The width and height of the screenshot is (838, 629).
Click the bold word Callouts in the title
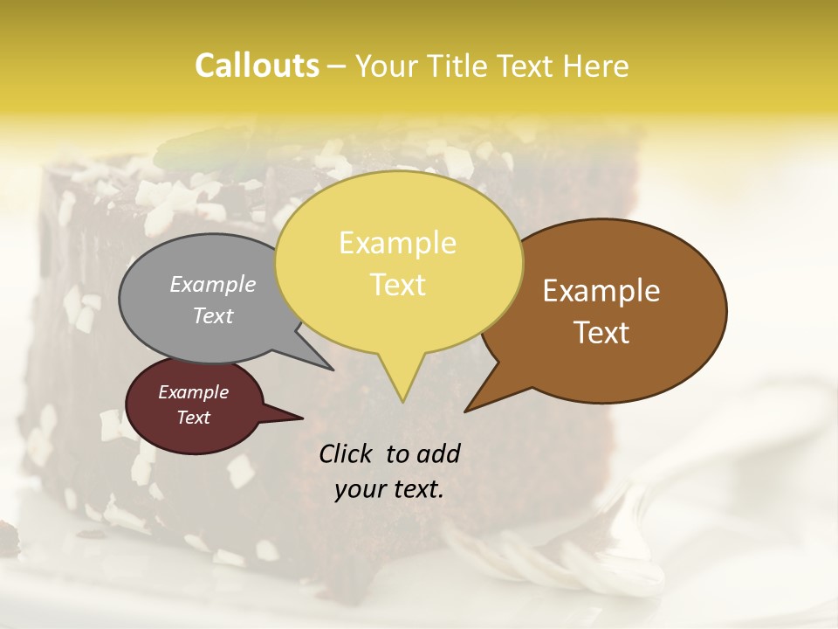[x=257, y=66]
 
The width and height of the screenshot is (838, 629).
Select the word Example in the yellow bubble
[x=397, y=243]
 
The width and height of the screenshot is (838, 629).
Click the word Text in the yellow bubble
[x=397, y=285]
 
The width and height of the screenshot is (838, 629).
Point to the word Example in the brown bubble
[x=601, y=291]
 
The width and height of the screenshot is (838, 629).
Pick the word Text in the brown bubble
[x=601, y=333]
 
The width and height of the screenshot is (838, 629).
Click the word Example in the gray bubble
[x=213, y=284]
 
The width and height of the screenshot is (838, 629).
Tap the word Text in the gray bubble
[x=213, y=315]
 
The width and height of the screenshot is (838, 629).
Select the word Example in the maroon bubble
[x=193, y=392]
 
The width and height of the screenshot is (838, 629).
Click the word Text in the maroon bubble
[x=193, y=418]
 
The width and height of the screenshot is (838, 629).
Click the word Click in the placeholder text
[x=347, y=453]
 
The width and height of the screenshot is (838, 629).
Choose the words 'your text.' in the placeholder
[x=389, y=489]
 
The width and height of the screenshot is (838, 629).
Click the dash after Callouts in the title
[x=338, y=66]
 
